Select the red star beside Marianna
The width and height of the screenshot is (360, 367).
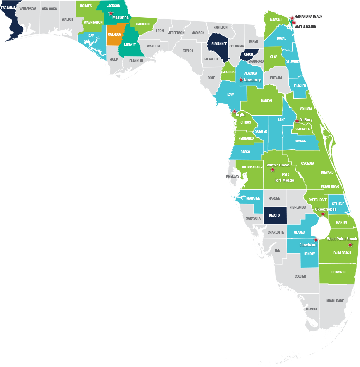click(111, 13)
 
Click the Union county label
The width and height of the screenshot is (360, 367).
click(248, 54)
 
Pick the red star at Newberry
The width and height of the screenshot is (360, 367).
click(241, 80)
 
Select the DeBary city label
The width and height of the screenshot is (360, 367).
click(306, 120)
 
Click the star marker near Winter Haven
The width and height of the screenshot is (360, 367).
click(273, 170)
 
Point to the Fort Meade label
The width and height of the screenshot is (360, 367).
click(284, 180)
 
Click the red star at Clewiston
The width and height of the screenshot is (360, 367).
click(316, 240)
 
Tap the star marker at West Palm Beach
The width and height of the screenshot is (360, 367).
click(350, 244)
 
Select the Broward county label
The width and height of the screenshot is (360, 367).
click(338, 272)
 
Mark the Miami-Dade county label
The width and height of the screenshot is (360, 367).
click(335, 301)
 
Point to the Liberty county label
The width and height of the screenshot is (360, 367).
click(130, 44)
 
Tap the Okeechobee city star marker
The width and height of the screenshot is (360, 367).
click(323, 213)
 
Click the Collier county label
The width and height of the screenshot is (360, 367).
click(300, 277)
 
